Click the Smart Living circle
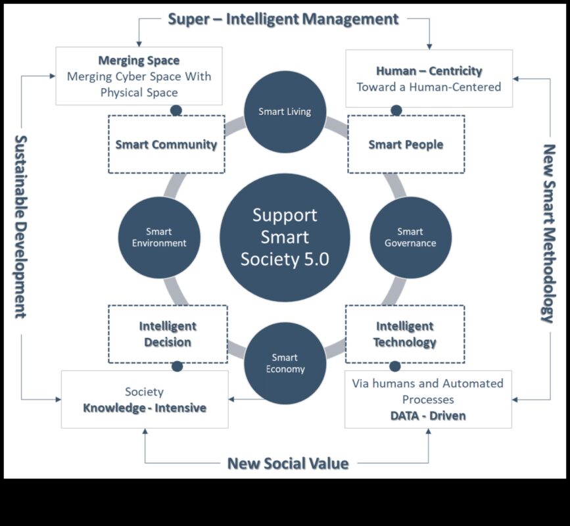pyautogui.click(x=285, y=111)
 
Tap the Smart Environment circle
pyautogui.click(x=159, y=237)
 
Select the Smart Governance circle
pyautogui.click(x=410, y=237)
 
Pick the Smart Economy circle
pyautogui.click(x=285, y=363)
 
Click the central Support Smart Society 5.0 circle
pyautogui.click(x=285, y=237)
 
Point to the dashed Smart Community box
pyautogui.click(x=166, y=145)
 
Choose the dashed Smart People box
pyautogui.click(x=406, y=145)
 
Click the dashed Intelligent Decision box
pyautogui.click(x=168, y=334)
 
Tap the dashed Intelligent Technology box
pyautogui.click(x=404, y=334)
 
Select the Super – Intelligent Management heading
pyautogui.click(x=283, y=18)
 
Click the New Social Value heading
pyautogui.click(x=287, y=463)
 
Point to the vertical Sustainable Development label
pyautogui.click(x=20, y=226)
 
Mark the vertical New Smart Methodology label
pyautogui.click(x=549, y=233)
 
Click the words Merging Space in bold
pyautogui.click(x=139, y=60)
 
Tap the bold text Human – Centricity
pyautogui.click(x=429, y=70)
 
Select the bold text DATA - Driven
pyautogui.click(x=428, y=416)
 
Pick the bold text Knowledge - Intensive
pyautogui.click(x=145, y=408)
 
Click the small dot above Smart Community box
pyautogui.click(x=176, y=110)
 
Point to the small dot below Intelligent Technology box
pyautogui.click(x=394, y=366)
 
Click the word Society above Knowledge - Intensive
pyautogui.click(x=144, y=392)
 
